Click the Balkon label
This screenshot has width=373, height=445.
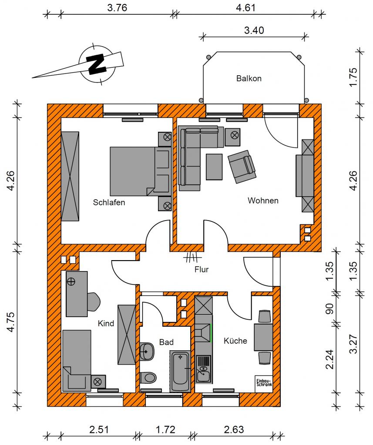click(249, 78)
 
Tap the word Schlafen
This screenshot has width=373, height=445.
click(109, 202)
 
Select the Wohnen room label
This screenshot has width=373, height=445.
click(263, 201)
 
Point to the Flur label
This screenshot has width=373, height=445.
click(202, 269)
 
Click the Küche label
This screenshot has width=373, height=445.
click(235, 341)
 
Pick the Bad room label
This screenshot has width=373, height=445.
click(166, 342)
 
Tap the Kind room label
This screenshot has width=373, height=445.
click(106, 323)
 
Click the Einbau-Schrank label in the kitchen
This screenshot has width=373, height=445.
click(264, 383)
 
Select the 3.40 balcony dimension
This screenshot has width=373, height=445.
click(254, 30)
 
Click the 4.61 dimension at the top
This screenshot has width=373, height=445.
click(246, 7)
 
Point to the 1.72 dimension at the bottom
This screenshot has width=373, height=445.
click(165, 430)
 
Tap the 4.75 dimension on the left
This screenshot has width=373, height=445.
click(11, 322)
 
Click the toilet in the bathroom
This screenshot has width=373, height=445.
click(148, 378)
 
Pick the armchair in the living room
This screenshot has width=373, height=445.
click(242, 166)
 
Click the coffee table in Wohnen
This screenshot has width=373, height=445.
click(214, 167)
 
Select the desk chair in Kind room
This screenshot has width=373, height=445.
click(94, 302)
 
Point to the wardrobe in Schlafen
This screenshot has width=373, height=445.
click(70, 176)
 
